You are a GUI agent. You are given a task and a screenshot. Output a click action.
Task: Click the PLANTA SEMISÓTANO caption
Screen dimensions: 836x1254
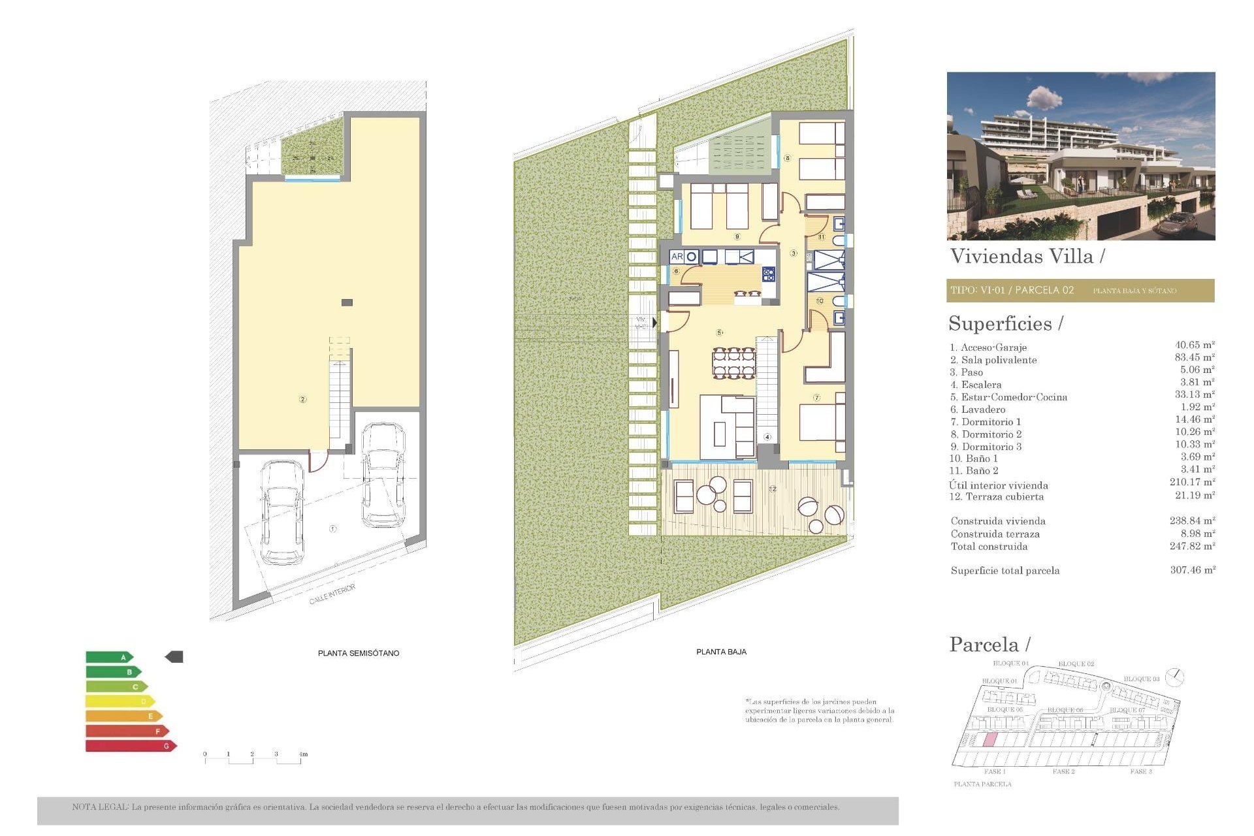(x=358, y=652)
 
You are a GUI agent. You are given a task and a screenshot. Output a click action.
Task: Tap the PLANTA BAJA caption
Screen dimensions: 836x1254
(x=721, y=651)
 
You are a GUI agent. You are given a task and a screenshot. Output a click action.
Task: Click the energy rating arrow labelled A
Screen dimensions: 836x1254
(x=109, y=657)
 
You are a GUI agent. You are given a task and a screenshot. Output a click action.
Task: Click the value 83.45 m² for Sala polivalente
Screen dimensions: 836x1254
(x=1194, y=357)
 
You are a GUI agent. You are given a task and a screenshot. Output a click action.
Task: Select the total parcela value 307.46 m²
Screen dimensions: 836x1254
(x=1192, y=570)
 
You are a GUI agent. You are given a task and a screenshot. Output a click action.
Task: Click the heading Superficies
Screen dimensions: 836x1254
(x=1000, y=324)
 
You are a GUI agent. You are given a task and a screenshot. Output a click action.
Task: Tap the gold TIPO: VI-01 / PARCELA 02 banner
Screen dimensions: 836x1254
(x=1080, y=291)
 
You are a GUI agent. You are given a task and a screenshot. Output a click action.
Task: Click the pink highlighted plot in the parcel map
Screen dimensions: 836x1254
(x=990, y=740)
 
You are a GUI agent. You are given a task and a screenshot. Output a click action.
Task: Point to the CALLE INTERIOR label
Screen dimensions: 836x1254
(x=332, y=594)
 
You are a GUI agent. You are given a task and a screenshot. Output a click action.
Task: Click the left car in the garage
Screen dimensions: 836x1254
(x=282, y=513)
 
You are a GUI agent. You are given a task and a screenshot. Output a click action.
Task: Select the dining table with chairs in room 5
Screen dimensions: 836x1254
(x=734, y=363)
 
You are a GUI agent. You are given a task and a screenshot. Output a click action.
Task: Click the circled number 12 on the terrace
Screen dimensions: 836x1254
(x=773, y=489)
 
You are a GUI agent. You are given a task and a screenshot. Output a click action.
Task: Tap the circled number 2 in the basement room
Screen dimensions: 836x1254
(x=302, y=399)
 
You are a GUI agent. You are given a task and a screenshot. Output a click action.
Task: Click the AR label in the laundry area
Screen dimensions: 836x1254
(x=677, y=257)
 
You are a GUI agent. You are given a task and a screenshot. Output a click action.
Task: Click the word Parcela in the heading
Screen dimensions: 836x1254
(x=984, y=645)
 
